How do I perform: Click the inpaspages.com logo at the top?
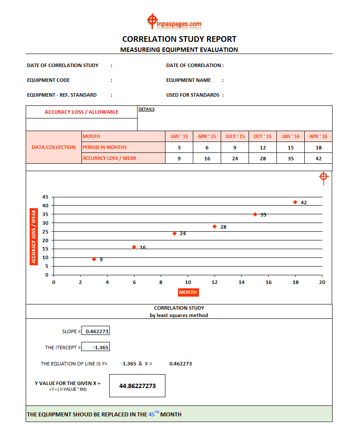tap(174, 22)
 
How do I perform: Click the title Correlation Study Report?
tap(179, 39)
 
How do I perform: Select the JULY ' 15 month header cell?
tap(235, 136)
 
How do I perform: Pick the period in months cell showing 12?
tap(262, 147)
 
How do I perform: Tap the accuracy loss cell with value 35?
tap(290, 159)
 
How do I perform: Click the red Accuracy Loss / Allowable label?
tap(81, 112)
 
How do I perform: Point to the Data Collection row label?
tap(54, 147)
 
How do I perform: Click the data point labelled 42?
tap(295, 202)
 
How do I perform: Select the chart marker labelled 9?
tap(94, 259)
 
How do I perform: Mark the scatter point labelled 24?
tap(175, 233)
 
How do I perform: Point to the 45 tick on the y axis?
tap(45, 197)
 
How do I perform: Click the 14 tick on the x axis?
tap(242, 282)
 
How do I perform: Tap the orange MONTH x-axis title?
tap(188, 292)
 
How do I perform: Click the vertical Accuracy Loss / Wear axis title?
tap(34, 237)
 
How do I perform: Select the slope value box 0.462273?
tap(95, 331)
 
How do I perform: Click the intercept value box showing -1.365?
tap(95, 347)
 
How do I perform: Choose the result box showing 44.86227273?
tap(137, 386)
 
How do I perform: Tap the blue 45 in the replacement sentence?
tap(151, 415)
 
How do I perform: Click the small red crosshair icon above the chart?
tap(323, 177)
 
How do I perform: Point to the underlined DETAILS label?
tap(146, 109)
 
